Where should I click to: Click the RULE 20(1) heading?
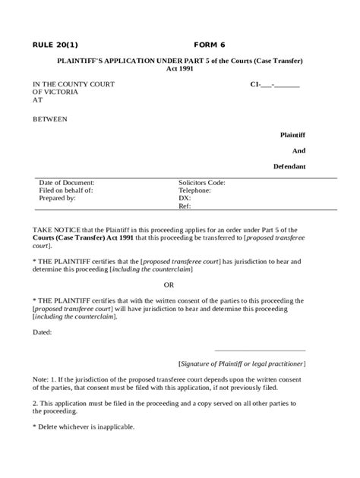point(55,44)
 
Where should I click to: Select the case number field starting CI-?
point(274,84)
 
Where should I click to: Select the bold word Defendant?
point(289,166)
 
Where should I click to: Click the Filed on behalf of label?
point(65,190)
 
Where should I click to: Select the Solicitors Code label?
point(201,183)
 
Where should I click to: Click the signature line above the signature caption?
point(260,351)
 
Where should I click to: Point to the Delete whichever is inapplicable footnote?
point(84,426)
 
